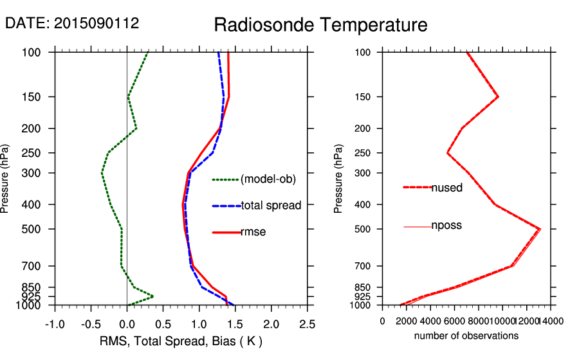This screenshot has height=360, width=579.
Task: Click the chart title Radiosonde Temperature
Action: click(x=320, y=25)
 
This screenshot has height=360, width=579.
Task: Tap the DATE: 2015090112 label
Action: click(x=72, y=24)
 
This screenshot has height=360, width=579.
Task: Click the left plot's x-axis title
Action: click(x=181, y=340)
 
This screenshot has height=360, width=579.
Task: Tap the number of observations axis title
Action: click(x=466, y=336)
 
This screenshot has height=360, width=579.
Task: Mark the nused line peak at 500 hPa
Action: click(x=540, y=229)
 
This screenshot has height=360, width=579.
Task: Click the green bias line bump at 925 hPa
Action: click(x=152, y=296)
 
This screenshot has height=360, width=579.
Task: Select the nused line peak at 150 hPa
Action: click(x=498, y=96)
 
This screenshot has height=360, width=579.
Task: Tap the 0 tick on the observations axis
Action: click(x=383, y=321)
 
